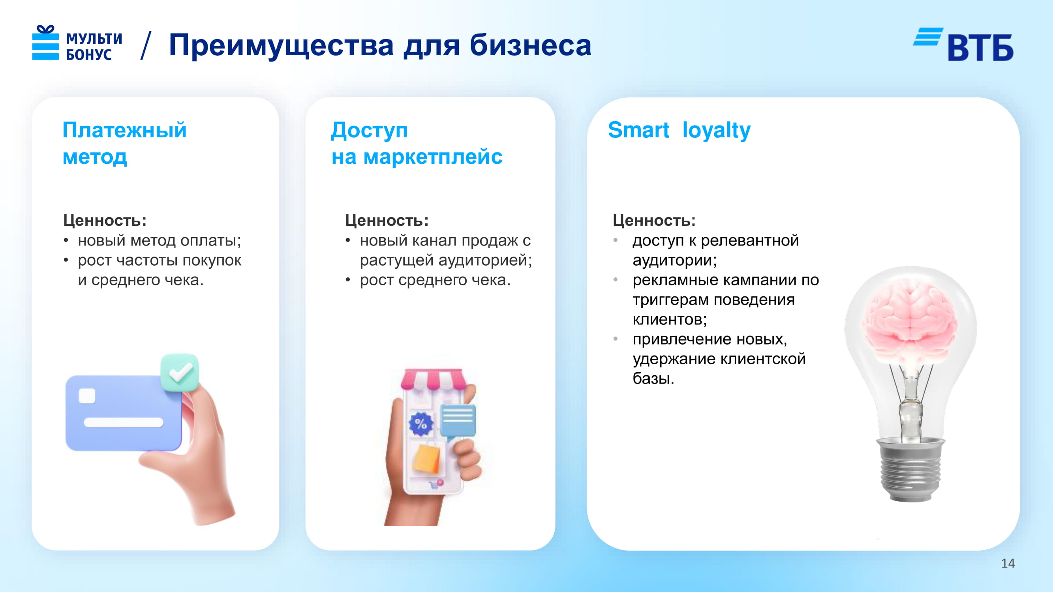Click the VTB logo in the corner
pyautogui.click(x=963, y=45)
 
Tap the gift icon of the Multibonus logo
pyautogui.click(x=45, y=43)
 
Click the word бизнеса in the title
pyautogui.click(x=530, y=45)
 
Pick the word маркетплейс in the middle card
pyautogui.click(x=433, y=157)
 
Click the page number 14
pyautogui.click(x=1008, y=564)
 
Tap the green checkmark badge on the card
pyautogui.click(x=180, y=372)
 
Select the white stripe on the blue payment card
pyautogui.click(x=124, y=422)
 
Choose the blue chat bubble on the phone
pyautogui.click(x=458, y=421)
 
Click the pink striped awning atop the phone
pyautogui.click(x=433, y=379)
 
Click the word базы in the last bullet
pyautogui.click(x=653, y=379)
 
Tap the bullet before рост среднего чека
pyautogui.click(x=348, y=280)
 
